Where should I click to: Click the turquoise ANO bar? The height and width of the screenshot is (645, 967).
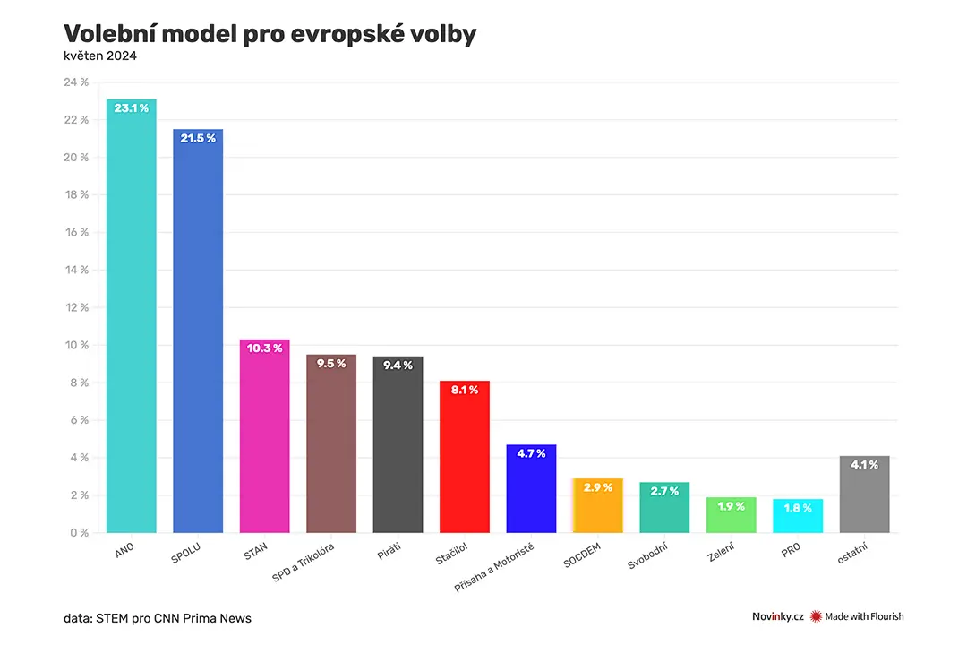(132, 315)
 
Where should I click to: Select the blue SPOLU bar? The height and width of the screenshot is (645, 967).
(198, 331)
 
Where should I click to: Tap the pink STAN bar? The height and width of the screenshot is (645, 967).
(264, 435)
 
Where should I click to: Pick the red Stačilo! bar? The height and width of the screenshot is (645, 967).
(465, 457)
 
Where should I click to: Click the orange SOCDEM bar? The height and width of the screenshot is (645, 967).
(597, 505)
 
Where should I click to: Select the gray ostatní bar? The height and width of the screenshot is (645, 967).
(865, 494)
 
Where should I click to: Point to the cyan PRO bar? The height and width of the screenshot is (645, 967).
(798, 516)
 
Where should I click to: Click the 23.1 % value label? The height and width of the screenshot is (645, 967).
(132, 108)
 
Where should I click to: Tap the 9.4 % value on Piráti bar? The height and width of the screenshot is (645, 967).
(398, 365)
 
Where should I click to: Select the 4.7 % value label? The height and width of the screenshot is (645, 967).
(531, 453)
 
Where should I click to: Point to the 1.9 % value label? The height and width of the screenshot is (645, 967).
(732, 506)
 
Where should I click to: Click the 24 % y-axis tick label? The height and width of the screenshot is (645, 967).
(76, 82)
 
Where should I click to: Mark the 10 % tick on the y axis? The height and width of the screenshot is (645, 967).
(77, 345)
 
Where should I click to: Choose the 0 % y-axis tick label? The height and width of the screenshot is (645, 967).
(80, 533)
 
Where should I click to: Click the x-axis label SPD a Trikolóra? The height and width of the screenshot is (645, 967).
(303, 563)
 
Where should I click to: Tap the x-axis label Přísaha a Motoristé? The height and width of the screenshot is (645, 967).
(494, 568)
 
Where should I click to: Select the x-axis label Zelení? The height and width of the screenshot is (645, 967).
(721, 552)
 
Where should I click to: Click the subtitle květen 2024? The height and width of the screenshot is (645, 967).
(100, 56)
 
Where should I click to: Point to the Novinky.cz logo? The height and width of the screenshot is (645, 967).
(778, 616)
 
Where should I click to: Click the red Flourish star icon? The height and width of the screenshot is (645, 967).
(816, 616)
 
